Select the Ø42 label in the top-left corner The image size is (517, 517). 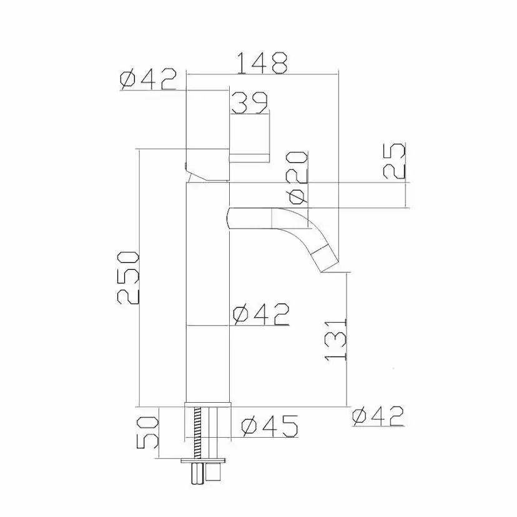click(147, 81)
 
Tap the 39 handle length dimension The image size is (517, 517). click(250, 103)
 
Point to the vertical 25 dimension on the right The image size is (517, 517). click(394, 161)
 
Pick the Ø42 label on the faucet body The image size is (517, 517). click(260, 315)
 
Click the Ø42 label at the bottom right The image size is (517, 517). click(377, 416)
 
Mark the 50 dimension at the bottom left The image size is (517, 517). click(147, 432)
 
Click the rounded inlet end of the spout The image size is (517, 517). click(232, 218)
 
